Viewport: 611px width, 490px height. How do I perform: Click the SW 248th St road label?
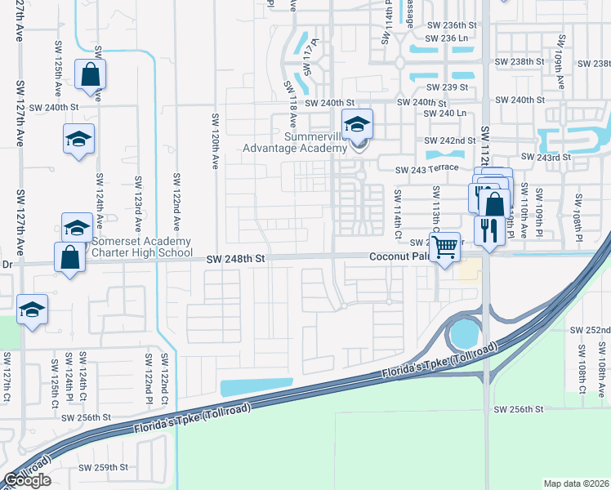pos(237,259)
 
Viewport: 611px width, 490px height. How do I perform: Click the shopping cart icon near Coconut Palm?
pos(444,245)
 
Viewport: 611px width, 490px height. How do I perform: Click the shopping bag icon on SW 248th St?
pos(70,257)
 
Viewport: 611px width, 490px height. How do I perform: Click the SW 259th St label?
pos(104,468)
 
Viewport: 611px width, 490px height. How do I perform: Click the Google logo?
pos(27,480)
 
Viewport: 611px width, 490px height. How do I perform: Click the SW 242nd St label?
pos(450,141)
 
